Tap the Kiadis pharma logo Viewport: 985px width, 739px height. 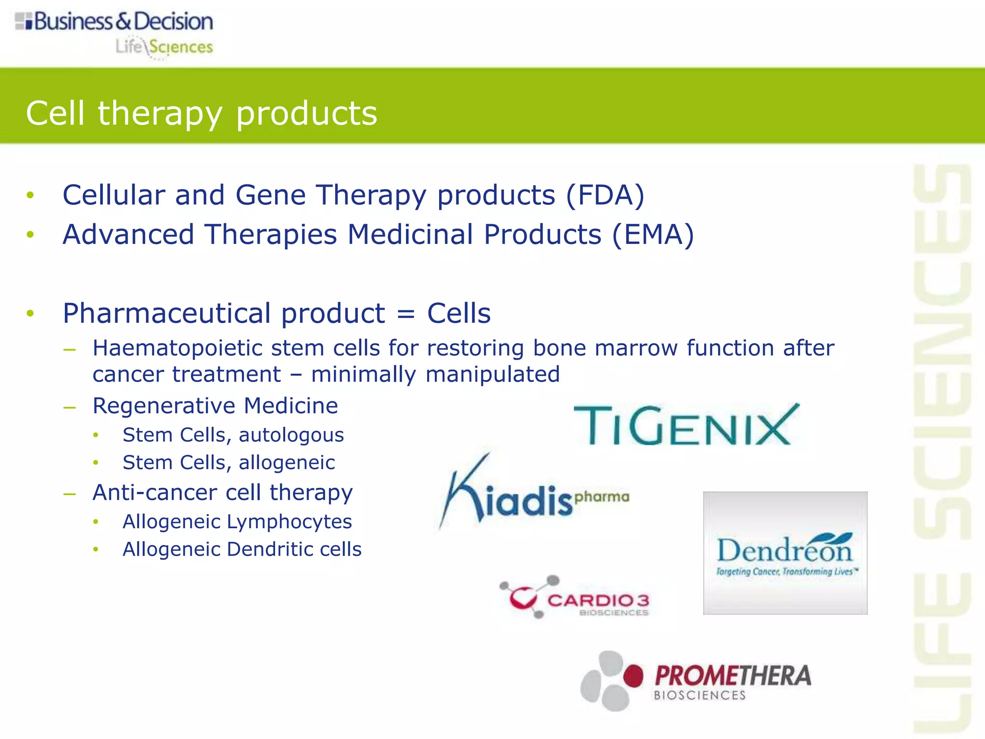pyautogui.click(x=534, y=493)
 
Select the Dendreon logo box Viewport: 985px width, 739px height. pyautogui.click(x=785, y=553)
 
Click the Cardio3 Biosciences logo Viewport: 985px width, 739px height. pyautogui.click(x=575, y=597)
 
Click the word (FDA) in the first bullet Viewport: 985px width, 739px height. pyautogui.click(x=605, y=195)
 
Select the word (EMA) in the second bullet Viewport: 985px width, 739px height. pyautogui.click(x=653, y=235)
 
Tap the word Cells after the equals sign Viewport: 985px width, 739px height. pyautogui.click(x=459, y=314)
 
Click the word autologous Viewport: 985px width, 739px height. pyautogui.click(x=291, y=435)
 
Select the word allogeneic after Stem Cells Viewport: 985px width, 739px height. pyautogui.click(x=287, y=463)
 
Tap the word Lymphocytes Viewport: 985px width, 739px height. pyautogui.click(x=289, y=522)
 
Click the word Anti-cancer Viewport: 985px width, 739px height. pyautogui.click(x=155, y=493)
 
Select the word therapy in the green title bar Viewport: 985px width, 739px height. pyautogui.click(x=161, y=115)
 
